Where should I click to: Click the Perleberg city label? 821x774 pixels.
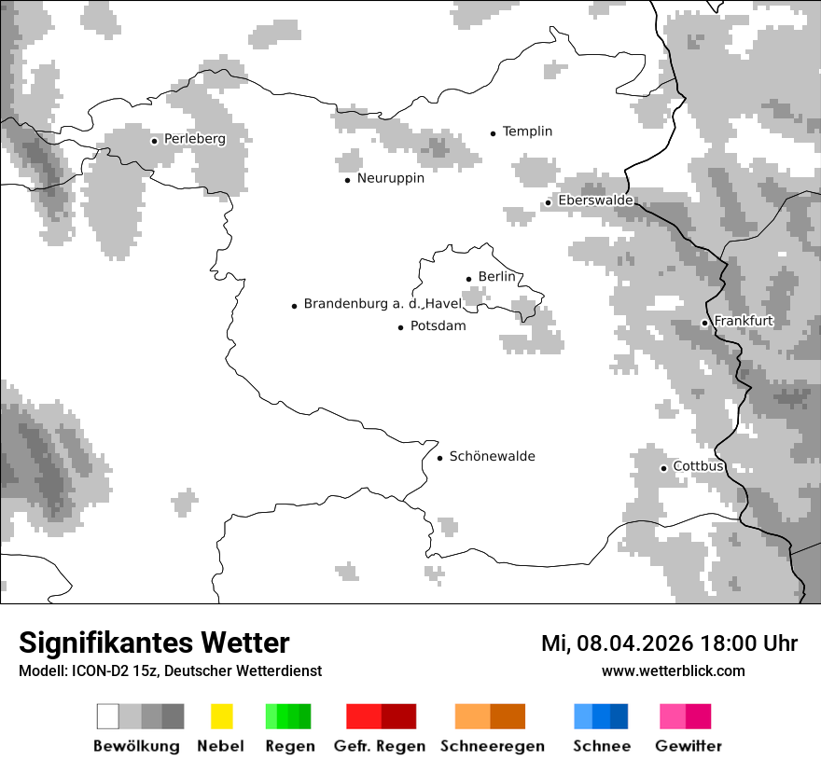click(195, 139)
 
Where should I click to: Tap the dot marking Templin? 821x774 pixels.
click(493, 133)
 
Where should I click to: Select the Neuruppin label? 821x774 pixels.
click(391, 178)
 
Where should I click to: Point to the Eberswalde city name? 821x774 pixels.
click(595, 200)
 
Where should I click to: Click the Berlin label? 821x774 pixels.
click(496, 277)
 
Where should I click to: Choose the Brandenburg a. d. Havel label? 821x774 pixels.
click(383, 304)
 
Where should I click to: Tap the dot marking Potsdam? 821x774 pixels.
click(401, 327)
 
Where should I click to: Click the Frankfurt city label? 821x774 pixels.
click(744, 321)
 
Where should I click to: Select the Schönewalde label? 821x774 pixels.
click(493, 456)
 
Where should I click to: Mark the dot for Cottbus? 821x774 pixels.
click(663, 467)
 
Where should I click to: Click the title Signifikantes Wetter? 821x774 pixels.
click(154, 643)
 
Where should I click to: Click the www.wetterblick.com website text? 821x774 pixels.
click(673, 670)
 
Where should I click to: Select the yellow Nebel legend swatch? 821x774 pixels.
click(221, 716)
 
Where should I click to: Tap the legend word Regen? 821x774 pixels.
click(288, 746)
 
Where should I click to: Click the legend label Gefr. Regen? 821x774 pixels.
click(380, 746)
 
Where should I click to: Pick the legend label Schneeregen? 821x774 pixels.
click(491, 746)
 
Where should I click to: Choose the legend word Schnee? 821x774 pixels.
click(602, 746)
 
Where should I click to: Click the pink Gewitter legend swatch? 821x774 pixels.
click(685, 716)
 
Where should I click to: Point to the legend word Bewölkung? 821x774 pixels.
click(136, 746)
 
